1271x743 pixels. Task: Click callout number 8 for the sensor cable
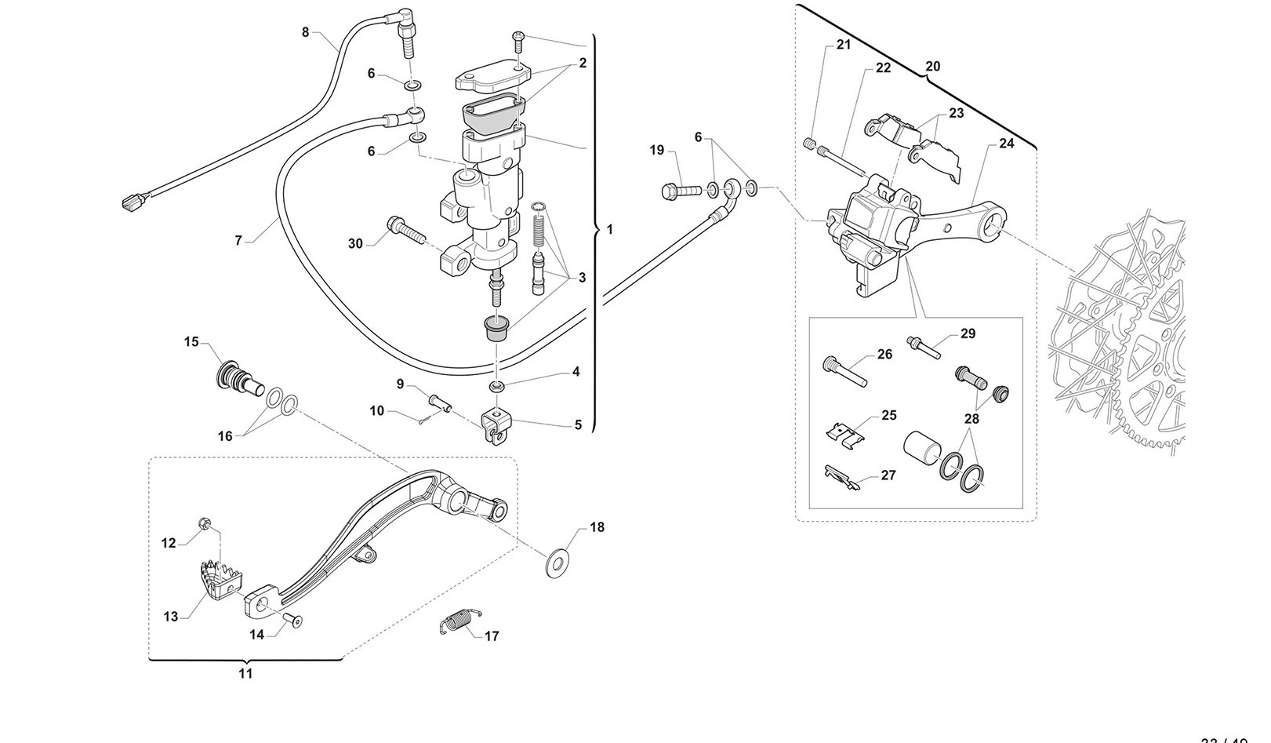(x=306, y=32)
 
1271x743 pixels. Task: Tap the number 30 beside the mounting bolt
(x=355, y=244)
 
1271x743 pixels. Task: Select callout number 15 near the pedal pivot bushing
(x=192, y=342)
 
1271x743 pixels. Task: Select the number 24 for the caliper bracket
(x=1006, y=144)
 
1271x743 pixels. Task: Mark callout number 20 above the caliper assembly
(x=932, y=67)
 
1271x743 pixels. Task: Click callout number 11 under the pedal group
(x=245, y=673)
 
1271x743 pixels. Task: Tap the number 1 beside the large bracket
(x=610, y=230)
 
